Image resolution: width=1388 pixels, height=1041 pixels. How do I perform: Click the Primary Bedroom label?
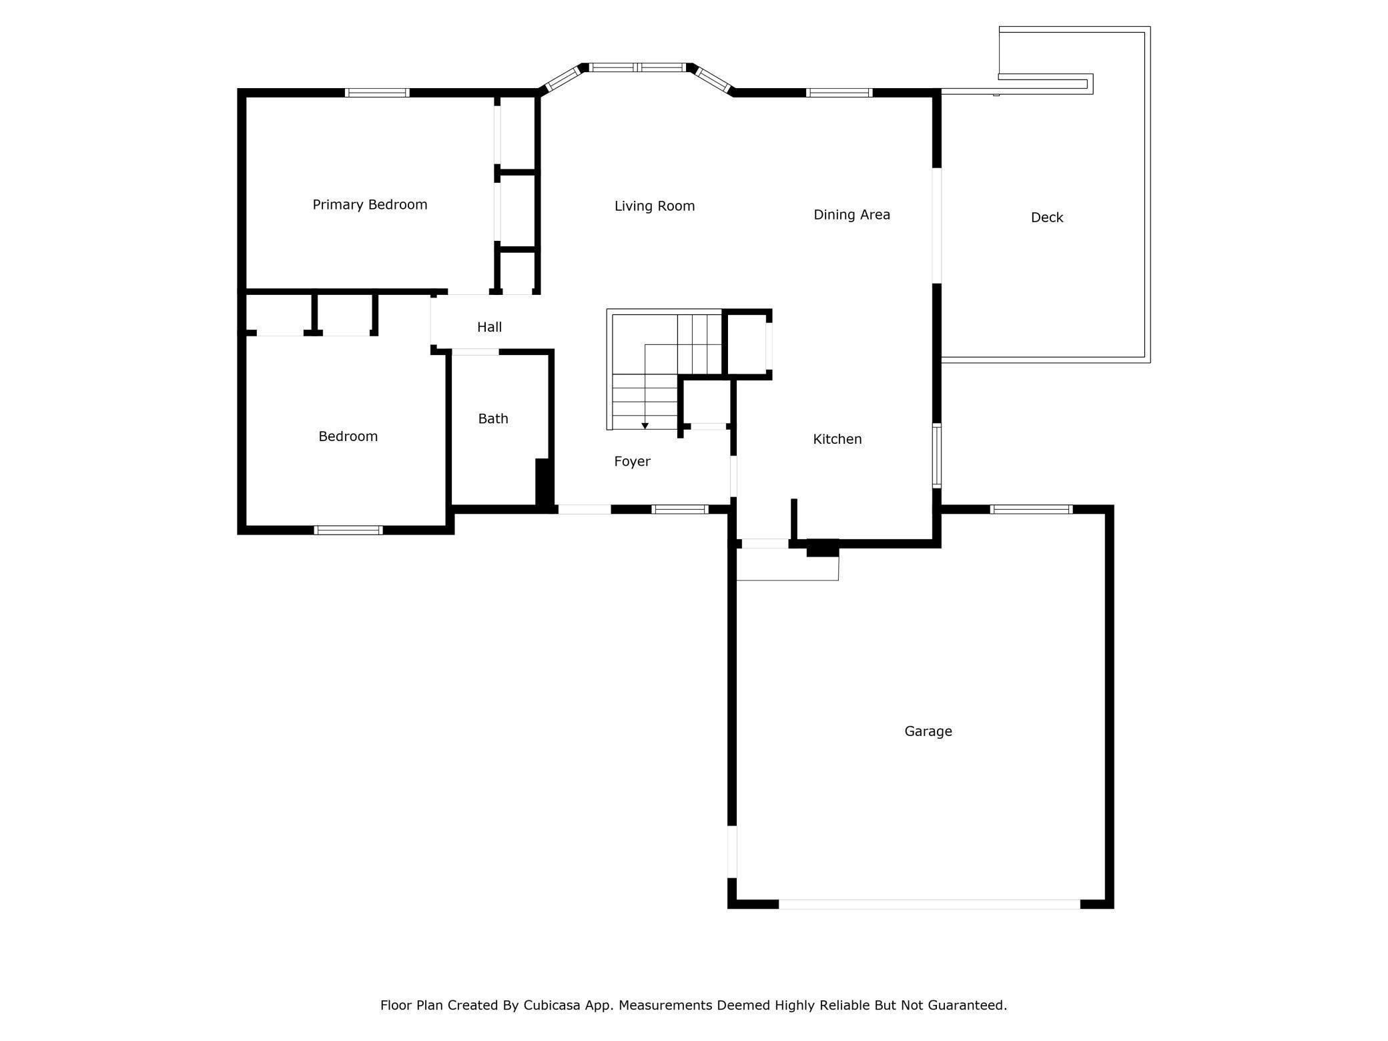(370, 205)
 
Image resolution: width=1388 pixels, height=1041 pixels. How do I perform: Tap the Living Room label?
(655, 206)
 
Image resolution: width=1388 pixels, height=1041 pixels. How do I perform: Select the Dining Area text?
(851, 215)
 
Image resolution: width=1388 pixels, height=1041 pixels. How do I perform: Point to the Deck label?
(1047, 218)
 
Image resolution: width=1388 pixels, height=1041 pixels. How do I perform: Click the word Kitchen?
(837, 439)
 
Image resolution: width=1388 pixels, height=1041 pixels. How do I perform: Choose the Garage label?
(928, 731)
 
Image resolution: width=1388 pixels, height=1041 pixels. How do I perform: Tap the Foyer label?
(632, 462)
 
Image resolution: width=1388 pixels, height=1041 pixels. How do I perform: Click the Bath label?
(493, 418)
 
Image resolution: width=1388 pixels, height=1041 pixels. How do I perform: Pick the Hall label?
(489, 327)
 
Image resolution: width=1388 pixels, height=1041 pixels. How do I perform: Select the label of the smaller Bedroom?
(348, 436)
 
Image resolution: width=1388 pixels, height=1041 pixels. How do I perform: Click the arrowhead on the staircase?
(645, 426)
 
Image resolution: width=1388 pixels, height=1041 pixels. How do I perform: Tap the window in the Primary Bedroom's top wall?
(377, 93)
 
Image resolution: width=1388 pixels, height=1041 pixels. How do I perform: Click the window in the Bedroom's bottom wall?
(348, 531)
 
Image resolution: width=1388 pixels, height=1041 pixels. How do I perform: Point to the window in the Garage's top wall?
(1032, 510)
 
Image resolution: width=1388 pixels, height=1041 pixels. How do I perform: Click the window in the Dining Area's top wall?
(839, 93)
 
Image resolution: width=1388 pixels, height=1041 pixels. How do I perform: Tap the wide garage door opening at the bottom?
(930, 904)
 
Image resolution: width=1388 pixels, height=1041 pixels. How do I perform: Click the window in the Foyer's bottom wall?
(680, 509)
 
